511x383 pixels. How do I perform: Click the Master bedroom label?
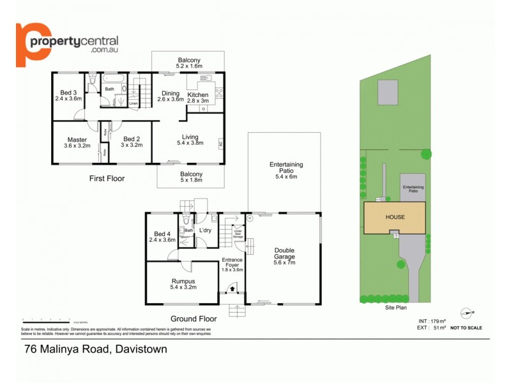[77, 139]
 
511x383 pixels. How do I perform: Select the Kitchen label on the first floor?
[197, 94]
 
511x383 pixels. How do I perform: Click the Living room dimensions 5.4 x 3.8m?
[190, 144]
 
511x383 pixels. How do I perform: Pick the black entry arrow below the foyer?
[232, 288]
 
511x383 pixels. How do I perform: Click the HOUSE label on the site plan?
[394, 217]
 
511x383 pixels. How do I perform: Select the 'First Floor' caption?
[107, 179]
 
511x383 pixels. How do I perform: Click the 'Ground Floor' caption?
[194, 318]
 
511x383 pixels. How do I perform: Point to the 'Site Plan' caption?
[396, 307]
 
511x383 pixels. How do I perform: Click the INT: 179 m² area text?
[431, 320]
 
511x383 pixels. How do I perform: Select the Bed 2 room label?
[132, 139]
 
